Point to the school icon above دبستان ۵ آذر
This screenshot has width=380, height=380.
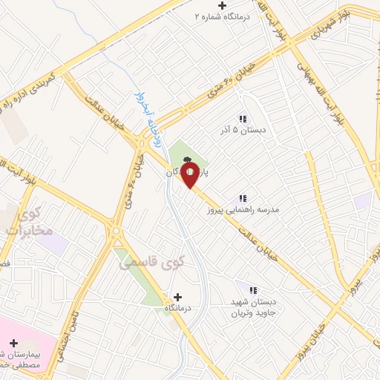(x=242, y=119)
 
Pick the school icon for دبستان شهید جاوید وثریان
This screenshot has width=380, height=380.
(x=252, y=290)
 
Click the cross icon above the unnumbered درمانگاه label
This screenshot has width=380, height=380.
(x=177, y=296)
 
